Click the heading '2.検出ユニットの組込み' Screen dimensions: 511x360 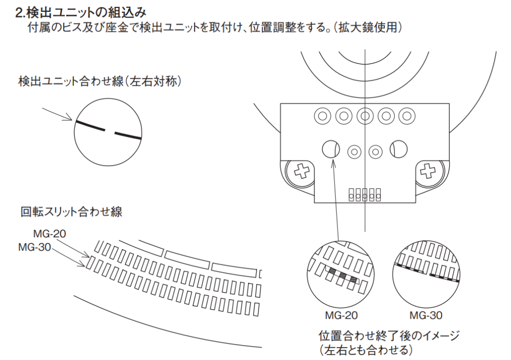click(x=81, y=12)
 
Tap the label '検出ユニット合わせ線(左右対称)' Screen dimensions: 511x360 click(x=99, y=81)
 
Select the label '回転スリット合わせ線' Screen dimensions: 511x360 click(x=71, y=212)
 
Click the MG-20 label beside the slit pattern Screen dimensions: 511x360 click(x=49, y=234)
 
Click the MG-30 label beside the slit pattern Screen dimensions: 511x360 click(x=34, y=247)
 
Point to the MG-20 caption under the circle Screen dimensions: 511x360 click(x=341, y=315)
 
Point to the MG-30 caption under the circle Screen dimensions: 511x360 click(x=426, y=315)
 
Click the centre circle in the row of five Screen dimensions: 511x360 click(x=365, y=116)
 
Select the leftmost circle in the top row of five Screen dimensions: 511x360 click(x=323, y=116)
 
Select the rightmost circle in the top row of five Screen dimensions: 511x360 click(x=407, y=116)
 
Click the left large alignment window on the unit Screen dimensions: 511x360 click(x=331, y=150)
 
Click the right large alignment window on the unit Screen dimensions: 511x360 click(x=399, y=150)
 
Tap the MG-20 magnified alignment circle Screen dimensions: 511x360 click(x=341, y=274)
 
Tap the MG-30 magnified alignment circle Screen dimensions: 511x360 click(x=426, y=274)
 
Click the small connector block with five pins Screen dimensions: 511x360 click(x=365, y=194)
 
